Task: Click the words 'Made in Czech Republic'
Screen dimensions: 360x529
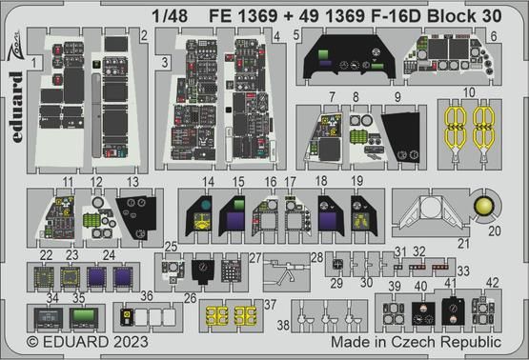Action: click(415, 341)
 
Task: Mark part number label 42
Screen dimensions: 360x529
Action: click(492, 281)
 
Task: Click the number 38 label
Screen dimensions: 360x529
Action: click(284, 324)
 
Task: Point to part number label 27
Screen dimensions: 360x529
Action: click(254, 257)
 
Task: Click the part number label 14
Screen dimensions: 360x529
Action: click(208, 180)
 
